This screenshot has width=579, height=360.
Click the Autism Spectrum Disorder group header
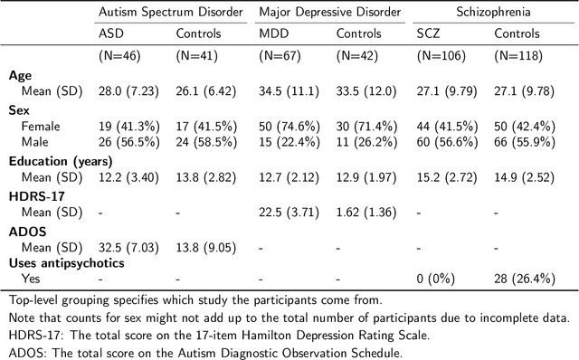[170, 13]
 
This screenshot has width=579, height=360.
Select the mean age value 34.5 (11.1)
[289, 90]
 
